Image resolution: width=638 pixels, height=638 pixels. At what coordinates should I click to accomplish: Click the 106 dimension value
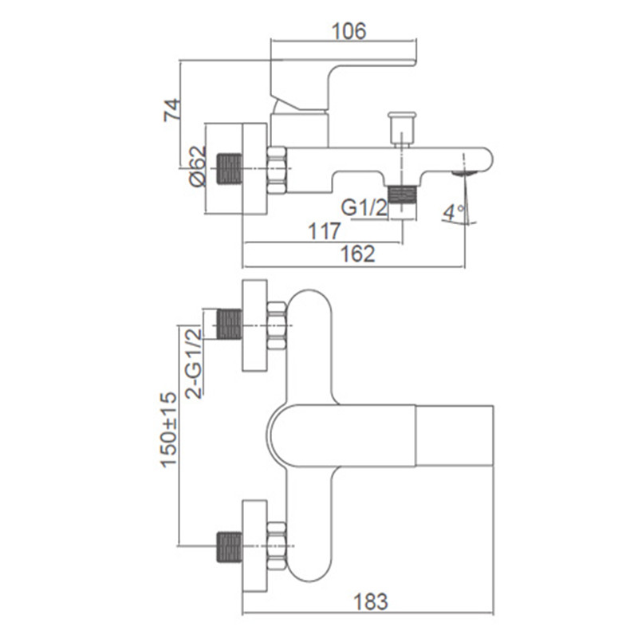[x=349, y=31]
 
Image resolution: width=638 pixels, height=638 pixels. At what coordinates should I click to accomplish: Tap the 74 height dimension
[x=172, y=109]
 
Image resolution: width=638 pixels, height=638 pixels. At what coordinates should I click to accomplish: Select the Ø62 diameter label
[x=198, y=167]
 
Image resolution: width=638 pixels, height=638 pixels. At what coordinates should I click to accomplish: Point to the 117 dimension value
[x=325, y=231]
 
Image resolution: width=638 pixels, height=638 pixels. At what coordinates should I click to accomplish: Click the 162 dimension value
[x=357, y=254]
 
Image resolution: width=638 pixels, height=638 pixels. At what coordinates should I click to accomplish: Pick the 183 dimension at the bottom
[x=370, y=602]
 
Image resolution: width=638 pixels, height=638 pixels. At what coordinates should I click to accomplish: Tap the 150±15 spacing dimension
[x=168, y=430]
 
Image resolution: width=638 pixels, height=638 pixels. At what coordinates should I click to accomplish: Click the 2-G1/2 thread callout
[x=193, y=364]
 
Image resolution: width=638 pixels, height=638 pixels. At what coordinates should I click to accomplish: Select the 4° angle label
[x=454, y=212]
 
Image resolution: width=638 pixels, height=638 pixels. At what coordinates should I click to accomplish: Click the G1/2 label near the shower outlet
[x=364, y=208]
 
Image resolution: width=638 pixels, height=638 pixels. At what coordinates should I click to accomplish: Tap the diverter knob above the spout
[x=402, y=128]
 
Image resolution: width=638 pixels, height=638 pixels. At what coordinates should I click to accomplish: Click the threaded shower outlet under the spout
[x=402, y=195]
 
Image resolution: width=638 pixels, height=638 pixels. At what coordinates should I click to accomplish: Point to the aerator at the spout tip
[x=465, y=173]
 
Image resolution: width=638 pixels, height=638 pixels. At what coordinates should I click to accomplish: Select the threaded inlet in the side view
[x=229, y=169]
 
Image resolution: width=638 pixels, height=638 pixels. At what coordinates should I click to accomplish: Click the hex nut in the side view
[x=277, y=170]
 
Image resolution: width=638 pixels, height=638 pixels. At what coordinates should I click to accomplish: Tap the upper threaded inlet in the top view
[x=229, y=325]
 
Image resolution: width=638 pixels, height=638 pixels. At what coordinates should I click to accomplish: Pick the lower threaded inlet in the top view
[x=229, y=547]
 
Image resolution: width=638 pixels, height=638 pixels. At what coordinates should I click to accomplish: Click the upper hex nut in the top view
[x=277, y=325]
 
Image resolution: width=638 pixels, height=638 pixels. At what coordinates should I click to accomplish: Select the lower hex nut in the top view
[x=277, y=546]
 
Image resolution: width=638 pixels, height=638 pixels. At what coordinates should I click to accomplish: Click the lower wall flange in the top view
[x=254, y=545]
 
